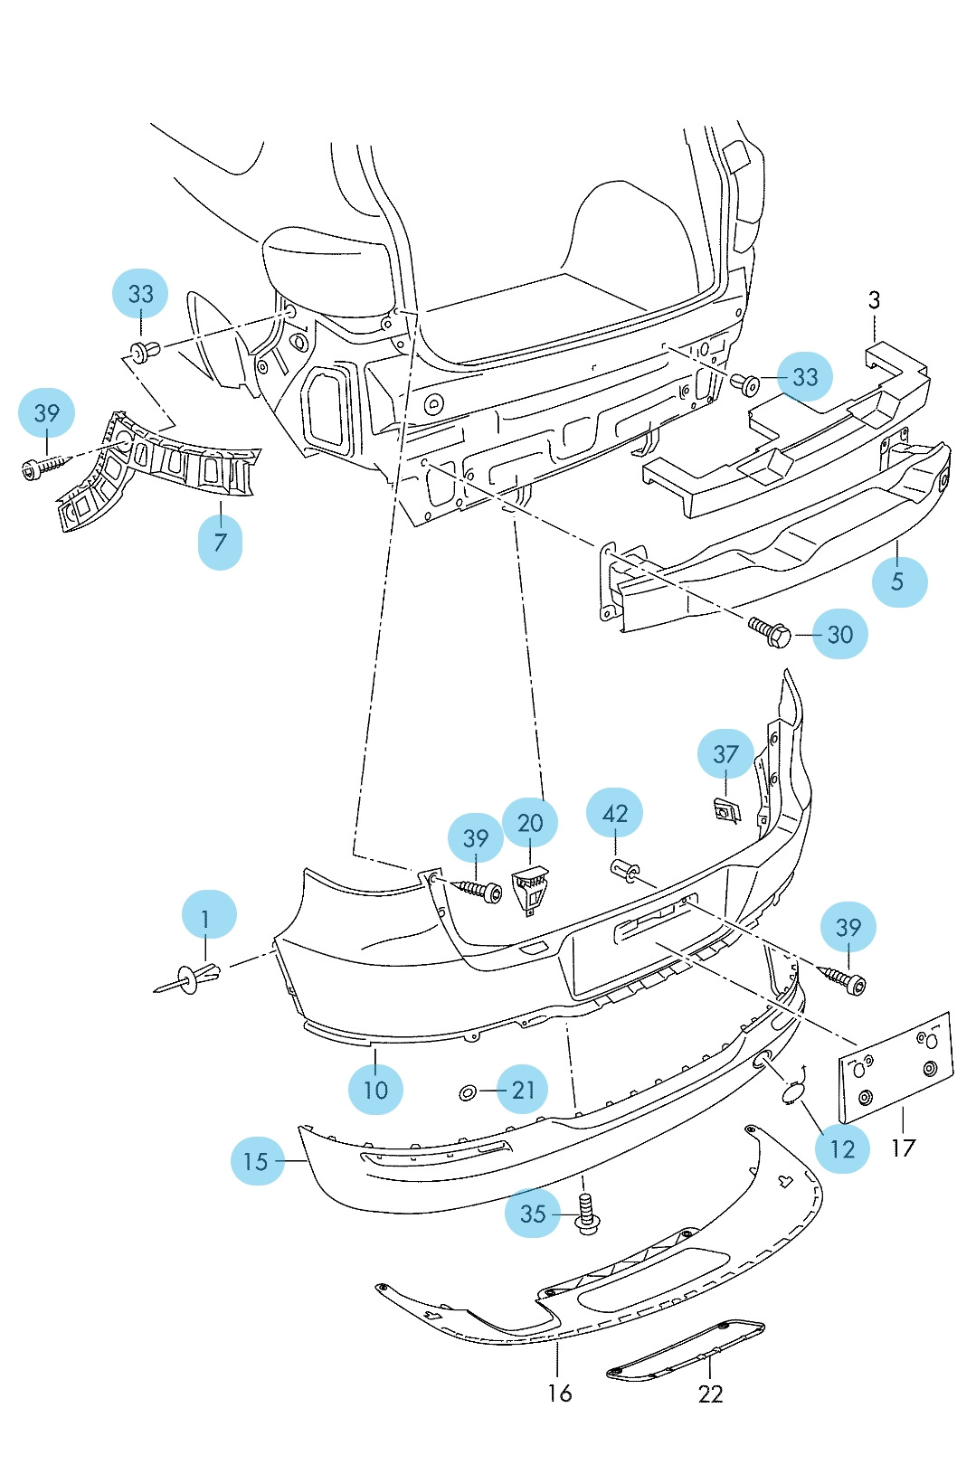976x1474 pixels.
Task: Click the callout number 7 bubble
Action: tap(220, 542)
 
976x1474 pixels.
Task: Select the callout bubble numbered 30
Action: tap(839, 634)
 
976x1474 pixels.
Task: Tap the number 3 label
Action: tap(874, 300)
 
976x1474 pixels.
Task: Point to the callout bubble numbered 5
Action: tap(898, 581)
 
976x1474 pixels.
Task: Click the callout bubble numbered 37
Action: tap(725, 754)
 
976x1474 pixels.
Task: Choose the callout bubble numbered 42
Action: tap(614, 813)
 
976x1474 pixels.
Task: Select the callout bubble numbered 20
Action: tap(530, 823)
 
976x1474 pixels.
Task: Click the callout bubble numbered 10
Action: tap(375, 1089)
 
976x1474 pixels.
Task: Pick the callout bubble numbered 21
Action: tap(524, 1091)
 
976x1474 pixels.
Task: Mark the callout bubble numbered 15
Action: tap(257, 1161)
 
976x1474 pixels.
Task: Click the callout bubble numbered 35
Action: tap(532, 1213)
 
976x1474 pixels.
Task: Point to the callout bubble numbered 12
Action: tap(841, 1148)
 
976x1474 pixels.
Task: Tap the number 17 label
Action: tap(903, 1148)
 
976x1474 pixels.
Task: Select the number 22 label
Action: tap(711, 1394)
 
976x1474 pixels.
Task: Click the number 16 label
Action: tap(559, 1393)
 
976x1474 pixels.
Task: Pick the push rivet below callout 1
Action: tap(193, 978)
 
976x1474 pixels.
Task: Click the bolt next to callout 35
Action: tap(588, 1214)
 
